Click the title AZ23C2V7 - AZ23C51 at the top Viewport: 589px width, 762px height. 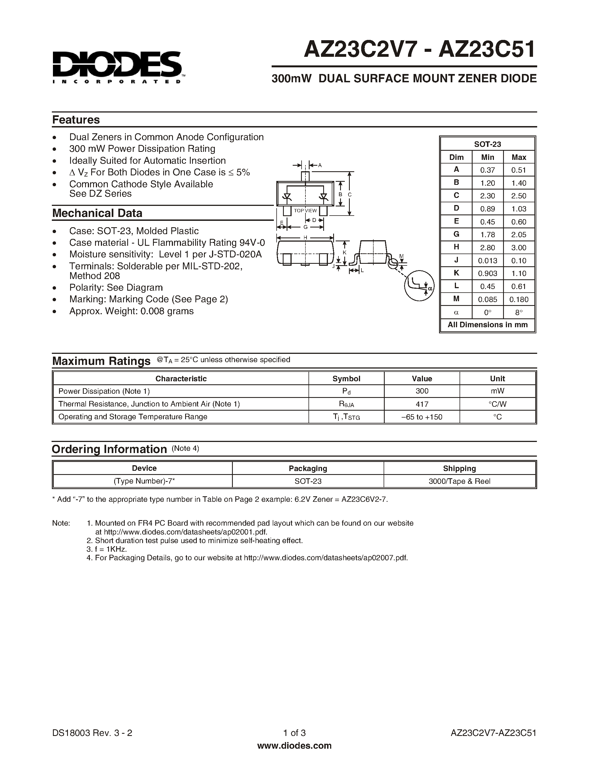point(419,50)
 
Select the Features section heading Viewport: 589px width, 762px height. point(76,120)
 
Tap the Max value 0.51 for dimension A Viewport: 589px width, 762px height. point(519,170)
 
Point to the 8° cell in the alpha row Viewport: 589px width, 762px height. point(519,312)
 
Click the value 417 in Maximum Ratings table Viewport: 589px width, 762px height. point(422,404)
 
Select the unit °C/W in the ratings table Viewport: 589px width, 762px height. point(497,404)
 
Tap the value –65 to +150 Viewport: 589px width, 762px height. point(422,417)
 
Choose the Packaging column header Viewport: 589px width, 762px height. point(308,468)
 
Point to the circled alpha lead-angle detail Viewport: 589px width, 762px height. point(419,285)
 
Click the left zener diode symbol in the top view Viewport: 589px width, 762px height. point(287,198)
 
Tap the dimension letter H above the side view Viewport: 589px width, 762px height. point(305,237)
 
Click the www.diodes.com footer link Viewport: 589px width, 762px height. point(294,746)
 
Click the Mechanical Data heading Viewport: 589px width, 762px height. point(97,213)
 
